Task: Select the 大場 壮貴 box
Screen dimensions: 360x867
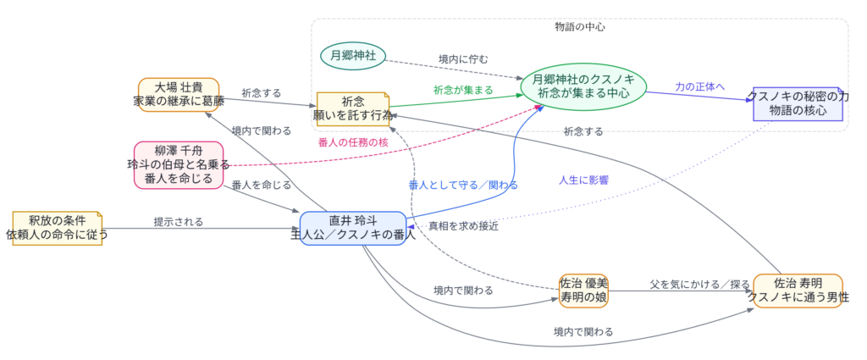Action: tap(179, 94)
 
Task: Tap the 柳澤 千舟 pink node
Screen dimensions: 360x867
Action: tap(179, 164)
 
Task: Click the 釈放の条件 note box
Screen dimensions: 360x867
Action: tap(58, 228)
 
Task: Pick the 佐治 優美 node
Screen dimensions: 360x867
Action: tap(583, 290)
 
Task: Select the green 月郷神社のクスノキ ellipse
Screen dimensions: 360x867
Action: tap(584, 86)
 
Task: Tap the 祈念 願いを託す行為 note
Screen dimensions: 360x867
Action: tap(352, 108)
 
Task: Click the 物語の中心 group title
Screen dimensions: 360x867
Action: tap(579, 26)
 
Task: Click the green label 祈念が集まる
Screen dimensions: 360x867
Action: tap(463, 89)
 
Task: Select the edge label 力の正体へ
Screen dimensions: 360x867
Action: tap(699, 86)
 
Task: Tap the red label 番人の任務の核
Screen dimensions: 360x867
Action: tap(353, 141)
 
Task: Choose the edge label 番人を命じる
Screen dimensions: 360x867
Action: tap(262, 185)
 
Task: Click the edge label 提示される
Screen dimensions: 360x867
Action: tap(178, 222)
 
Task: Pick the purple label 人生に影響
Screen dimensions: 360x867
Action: tap(583, 180)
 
